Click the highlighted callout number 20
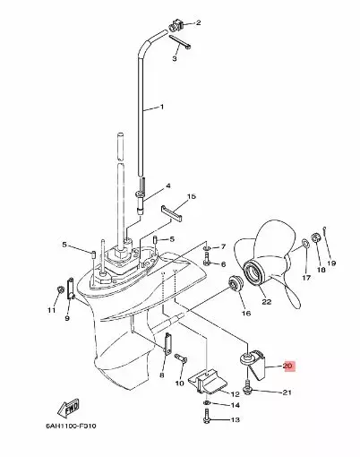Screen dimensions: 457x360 pyautogui.click(x=287, y=366)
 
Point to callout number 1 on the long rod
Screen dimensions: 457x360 pyautogui.click(x=161, y=108)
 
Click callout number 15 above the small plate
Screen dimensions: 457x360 pyautogui.click(x=190, y=195)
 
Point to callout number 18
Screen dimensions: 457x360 pyautogui.click(x=321, y=267)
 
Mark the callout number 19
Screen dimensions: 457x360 pyautogui.click(x=331, y=263)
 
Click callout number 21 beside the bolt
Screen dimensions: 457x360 pyautogui.click(x=287, y=392)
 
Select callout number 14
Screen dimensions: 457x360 pyautogui.click(x=236, y=406)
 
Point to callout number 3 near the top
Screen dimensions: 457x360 pyautogui.click(x=176, y=58)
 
